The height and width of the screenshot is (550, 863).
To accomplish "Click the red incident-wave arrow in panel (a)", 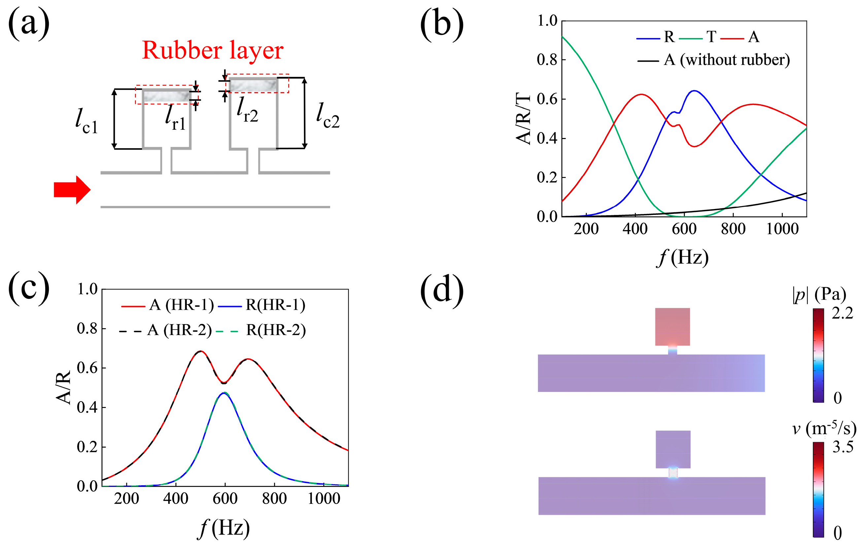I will click(72, 190).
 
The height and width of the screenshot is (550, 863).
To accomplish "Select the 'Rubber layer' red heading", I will click(213, 50).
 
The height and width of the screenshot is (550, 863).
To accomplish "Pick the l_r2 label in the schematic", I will click(247, 109).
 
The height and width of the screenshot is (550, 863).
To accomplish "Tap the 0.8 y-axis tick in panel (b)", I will click(547, 60).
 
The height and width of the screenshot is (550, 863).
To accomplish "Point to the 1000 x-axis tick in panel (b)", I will click(782, 229).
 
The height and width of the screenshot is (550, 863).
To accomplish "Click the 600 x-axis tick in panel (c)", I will click(225, 499).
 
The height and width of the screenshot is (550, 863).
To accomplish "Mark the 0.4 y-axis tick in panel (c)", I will click(87, 408).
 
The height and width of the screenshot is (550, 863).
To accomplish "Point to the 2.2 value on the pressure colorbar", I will click(843, 314).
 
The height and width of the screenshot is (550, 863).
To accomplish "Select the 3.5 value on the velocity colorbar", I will click(843, 447).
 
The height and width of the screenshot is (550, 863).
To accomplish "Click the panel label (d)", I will click(442, 291).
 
